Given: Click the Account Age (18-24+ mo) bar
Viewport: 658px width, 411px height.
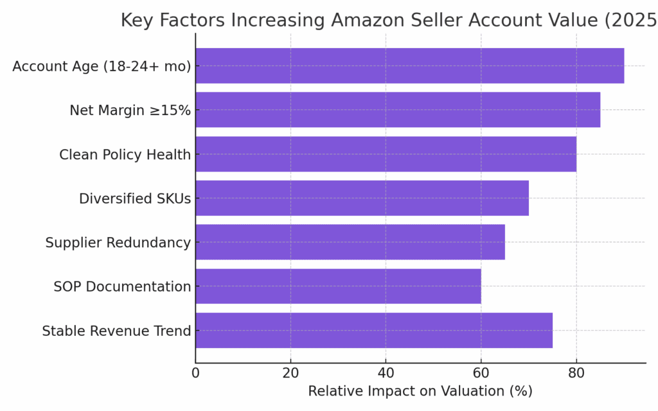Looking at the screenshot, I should (409, 66).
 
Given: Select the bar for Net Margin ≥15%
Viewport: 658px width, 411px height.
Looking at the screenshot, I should (398, 110).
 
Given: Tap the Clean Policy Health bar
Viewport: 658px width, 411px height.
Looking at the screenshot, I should (386, 154).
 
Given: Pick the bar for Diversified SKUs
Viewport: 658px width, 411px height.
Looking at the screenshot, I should (362, 198).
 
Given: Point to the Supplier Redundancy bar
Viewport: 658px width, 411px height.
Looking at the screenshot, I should (350, 242).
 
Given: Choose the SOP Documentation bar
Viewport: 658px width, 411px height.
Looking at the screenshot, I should (338, 286).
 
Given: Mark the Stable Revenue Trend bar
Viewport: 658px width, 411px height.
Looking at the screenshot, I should (374, 331).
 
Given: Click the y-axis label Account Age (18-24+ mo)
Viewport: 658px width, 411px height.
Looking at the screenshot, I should (102, 66).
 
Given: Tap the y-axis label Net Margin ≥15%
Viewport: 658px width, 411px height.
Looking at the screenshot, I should (130, 110).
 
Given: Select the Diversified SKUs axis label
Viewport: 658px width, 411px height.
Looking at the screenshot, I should (135, 198).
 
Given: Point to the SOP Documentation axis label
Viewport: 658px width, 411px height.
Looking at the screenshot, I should (122, 286).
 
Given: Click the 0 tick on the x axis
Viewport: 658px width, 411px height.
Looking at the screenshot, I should (195, 372).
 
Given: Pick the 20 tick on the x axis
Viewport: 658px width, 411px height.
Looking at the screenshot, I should (290, 372).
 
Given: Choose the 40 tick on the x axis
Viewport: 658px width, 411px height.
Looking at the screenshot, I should (386, 372).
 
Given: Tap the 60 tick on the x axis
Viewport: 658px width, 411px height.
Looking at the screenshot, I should (481, 372).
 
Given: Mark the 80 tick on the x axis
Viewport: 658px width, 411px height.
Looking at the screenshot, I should (576, 372).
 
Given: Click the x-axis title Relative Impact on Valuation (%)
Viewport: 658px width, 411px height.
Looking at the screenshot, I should (420, 391).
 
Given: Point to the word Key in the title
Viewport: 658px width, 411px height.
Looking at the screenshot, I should (136, 21).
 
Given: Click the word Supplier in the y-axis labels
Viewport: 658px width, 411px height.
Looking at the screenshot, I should (72, 243).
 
